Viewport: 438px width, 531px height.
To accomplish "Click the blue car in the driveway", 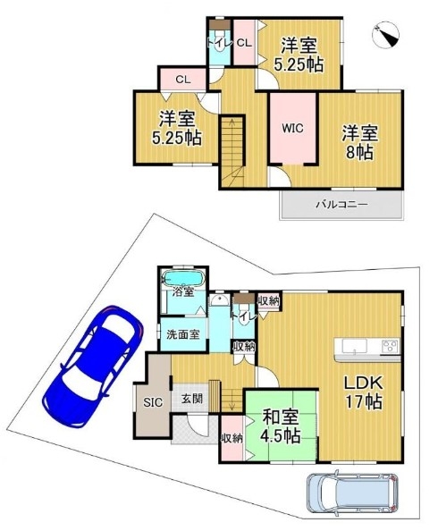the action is click(x=93, y=366).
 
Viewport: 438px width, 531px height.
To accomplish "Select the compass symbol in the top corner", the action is click(x=386, y=35).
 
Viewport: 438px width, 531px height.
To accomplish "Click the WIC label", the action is click(x=292, y=129).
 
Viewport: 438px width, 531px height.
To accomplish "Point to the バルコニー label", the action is click(x=341, y=205).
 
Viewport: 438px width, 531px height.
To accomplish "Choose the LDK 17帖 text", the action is click(x=364, y=392).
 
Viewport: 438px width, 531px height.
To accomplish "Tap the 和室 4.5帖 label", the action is click(x=281, y=426).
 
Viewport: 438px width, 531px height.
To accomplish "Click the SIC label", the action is click(x=153, y=402).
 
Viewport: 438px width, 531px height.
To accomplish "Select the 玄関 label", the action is click(x=192, y=399).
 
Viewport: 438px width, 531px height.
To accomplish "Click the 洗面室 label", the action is click(x=183, y=334).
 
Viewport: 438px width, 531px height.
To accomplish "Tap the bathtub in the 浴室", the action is click(x=183, y=279).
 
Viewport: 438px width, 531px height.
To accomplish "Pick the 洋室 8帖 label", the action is click(x=359, y=142).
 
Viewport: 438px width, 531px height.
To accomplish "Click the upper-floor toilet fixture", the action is click(x=219, y=40).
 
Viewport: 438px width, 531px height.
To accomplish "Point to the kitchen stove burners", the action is click(x=390, y=346).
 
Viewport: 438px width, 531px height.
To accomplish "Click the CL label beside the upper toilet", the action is click(x=244, y=43).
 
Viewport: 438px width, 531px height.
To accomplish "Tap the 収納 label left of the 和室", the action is click(x=232, y=439).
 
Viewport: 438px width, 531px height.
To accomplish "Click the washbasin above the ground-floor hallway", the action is click(x=220, y=300).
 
